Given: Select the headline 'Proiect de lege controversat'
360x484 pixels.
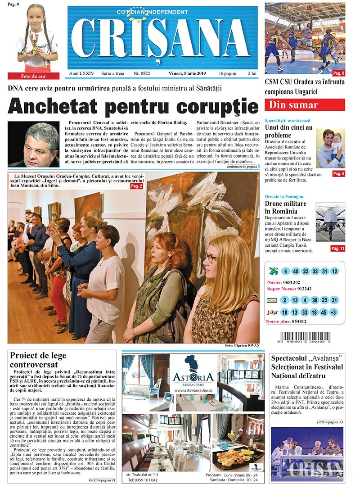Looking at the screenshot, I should point(38,360).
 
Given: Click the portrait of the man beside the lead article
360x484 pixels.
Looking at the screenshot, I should point(34,144).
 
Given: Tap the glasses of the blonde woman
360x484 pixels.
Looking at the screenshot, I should point(211,259).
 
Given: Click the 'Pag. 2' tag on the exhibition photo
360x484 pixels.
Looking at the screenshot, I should point(136,185).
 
